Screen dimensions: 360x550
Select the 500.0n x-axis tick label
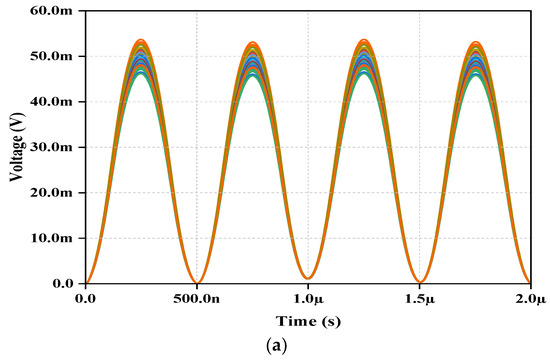coord(197,299)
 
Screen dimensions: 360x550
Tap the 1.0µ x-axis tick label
coord(308,299)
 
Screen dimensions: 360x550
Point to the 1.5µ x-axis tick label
coord(419,299)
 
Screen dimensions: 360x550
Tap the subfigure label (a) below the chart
coord(275,345)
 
